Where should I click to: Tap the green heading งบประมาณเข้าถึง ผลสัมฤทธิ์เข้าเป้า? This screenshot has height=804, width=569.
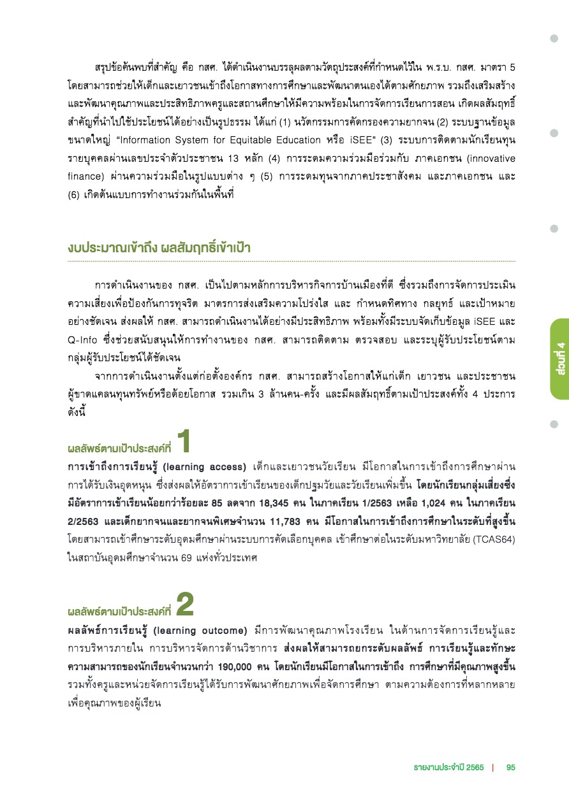[x=159, y=248]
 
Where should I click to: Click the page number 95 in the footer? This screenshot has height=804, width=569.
[x=510, y=767]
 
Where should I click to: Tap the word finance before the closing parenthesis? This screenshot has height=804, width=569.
[x=84, y=174]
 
